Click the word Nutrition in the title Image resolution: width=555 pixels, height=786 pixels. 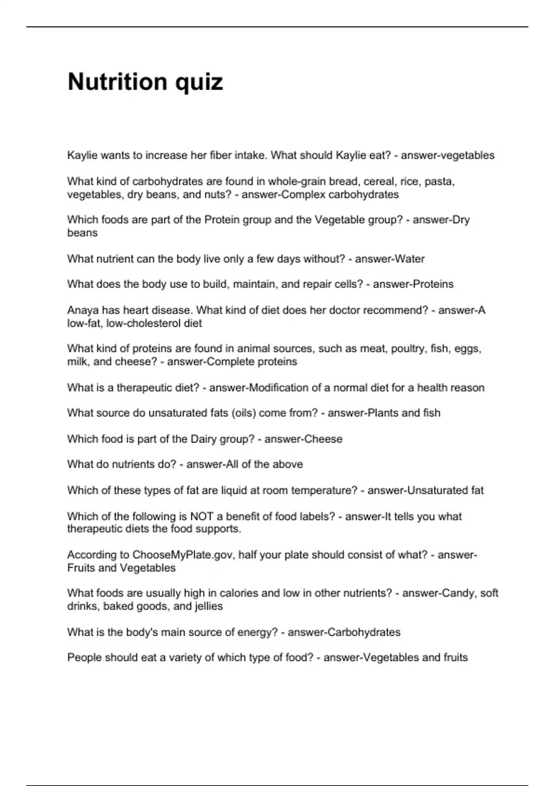[x=117, y=82]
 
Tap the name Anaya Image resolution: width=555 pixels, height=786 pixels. [x=83, y=310]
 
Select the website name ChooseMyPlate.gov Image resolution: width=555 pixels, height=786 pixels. [x=183, y=555]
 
